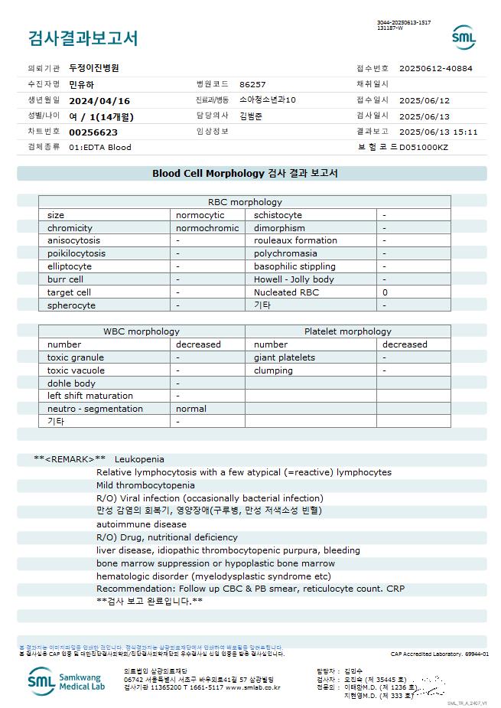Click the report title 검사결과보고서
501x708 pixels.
[83, 38]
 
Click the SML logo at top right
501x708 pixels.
[464, 37]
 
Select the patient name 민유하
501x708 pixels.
[83, 84]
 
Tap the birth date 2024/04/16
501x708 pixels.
[99, 100]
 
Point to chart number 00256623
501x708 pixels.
[93, 132]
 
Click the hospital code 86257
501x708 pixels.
[252, 84]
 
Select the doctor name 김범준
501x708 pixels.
[252, 116]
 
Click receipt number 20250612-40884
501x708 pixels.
[436, 68]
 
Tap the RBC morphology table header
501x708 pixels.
[245, 202]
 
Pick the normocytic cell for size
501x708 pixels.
[200, 215]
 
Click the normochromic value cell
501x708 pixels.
[207, 228]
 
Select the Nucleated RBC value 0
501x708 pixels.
[386, 292]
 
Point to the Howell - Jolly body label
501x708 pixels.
[294, 279]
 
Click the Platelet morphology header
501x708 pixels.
[347, 331]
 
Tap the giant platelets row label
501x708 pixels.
[285, 357]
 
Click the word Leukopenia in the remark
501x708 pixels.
[139, 459]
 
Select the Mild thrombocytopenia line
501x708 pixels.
[145, 485]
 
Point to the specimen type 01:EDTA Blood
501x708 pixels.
[100, 147]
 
